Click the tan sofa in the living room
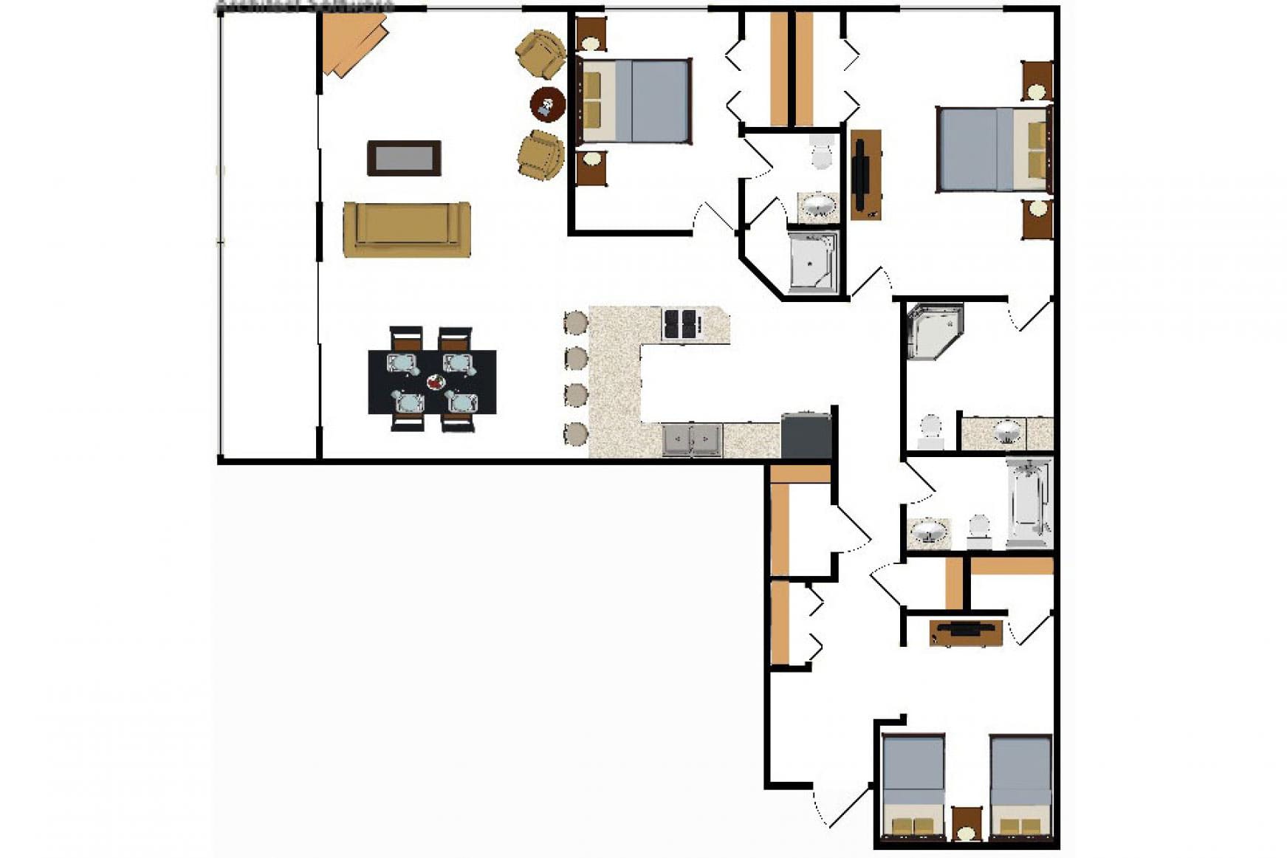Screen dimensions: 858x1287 click(x=406, y=229)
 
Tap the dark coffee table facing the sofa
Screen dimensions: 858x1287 click(x=404, y=158)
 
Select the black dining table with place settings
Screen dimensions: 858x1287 click(x=432, y=382)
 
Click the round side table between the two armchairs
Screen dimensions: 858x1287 click(x=547, y=104)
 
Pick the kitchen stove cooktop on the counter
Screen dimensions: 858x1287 click(x=679, y=324)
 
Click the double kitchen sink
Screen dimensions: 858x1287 click(x=691, y=440)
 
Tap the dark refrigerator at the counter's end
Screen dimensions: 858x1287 click(x=806, y=436)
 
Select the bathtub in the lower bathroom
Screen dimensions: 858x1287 click(x=1028, y=502)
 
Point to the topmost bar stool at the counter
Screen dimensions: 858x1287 click(x=575, y=323)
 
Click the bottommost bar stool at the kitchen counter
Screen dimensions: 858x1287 click(x=575, y=433)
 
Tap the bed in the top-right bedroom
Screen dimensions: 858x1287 click(x=992, y=150)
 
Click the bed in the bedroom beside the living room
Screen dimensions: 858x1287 click(x=635, y=101)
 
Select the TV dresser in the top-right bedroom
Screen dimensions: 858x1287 click(x=865, y=175)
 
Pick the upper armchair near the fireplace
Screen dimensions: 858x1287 click(x=540, y=53)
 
